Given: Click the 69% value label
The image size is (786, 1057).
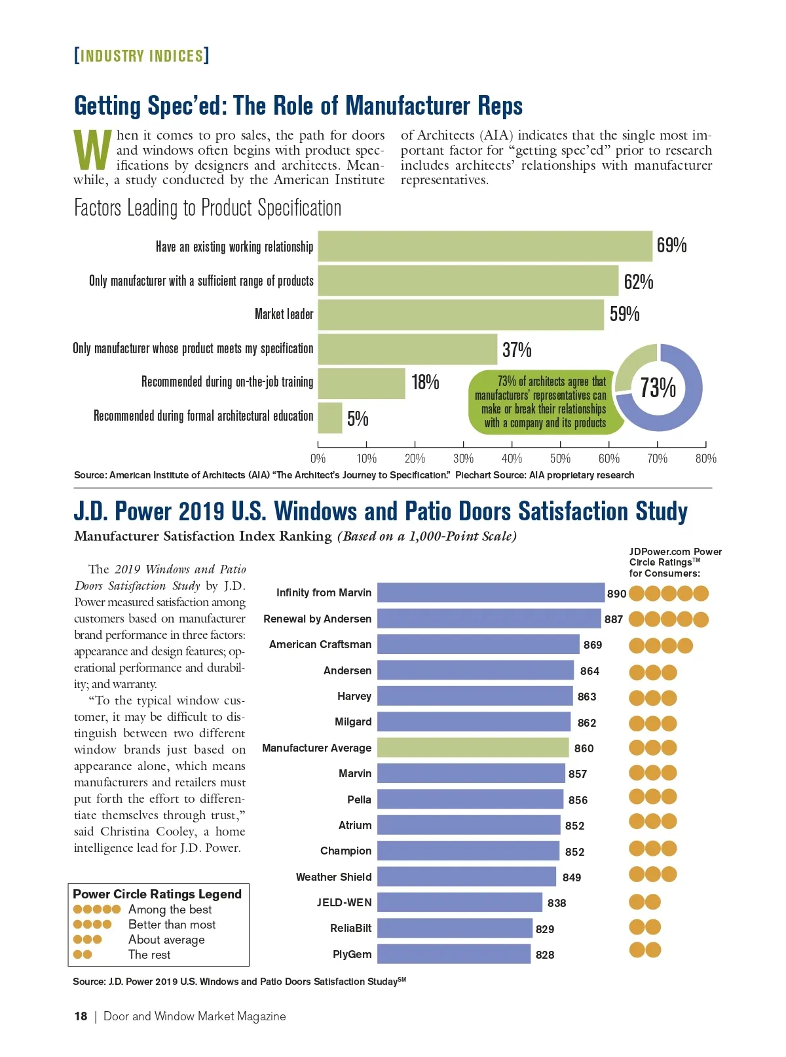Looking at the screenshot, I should click(671, 246).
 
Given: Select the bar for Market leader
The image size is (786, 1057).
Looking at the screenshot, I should click(460, 315).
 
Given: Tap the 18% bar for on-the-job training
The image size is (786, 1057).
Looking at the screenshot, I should click(361, 383).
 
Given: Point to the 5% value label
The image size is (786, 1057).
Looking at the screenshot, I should click(358, 419).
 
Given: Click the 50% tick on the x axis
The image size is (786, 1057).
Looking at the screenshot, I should click(560, 458).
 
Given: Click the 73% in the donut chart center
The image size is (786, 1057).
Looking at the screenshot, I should click(658, 387).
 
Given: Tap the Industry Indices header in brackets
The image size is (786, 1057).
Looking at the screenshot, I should click(141, 56).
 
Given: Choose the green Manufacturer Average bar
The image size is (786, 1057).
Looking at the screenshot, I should click(473, 748).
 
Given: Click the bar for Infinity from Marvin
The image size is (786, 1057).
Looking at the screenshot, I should click(491, 592).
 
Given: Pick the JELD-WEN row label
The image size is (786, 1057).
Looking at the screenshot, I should click(344, 902).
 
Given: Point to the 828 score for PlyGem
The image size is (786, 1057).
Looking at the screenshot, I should click(545, 955).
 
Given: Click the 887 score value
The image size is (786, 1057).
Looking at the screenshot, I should click(614, 619).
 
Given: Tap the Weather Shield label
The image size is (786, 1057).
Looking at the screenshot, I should click(333, 877).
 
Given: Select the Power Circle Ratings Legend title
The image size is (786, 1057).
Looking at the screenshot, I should click(157, 894).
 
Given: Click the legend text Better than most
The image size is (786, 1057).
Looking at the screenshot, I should click(172, 925).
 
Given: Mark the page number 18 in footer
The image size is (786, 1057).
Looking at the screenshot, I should click(81, 1016).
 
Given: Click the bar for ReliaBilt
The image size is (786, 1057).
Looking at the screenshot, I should click(455, 929).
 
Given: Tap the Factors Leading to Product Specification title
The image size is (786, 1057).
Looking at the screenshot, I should click(208, 208).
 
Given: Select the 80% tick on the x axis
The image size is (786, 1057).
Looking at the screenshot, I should click(705, 458).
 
